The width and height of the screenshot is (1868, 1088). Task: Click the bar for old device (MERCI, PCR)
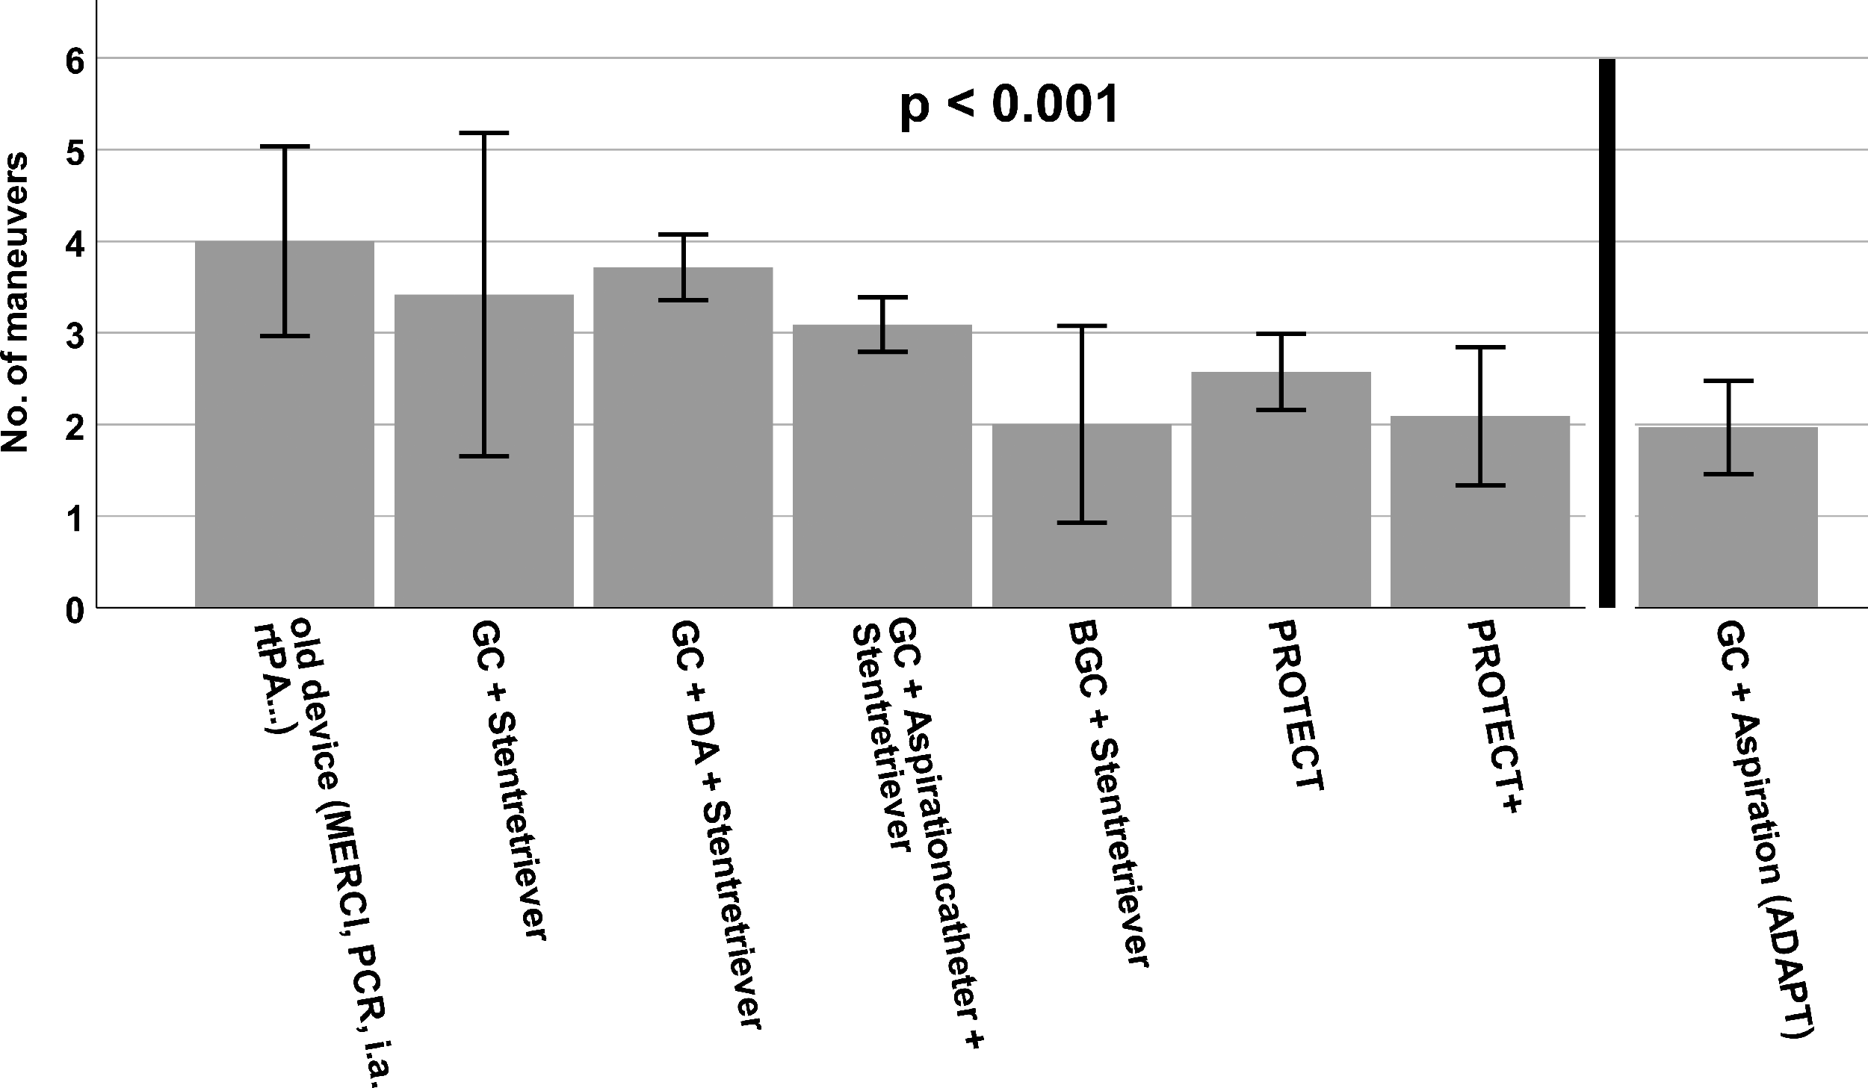(285, 424)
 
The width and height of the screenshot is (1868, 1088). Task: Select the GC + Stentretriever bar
(484, 451)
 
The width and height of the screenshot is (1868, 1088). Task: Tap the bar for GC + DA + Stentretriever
(683, 438)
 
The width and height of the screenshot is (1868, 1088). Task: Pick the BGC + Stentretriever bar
(1082, 516)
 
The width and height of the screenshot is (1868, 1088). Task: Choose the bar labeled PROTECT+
(1480, 512)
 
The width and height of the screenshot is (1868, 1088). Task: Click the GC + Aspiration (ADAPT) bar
(1728, 517)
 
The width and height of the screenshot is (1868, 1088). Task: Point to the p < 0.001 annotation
(1009, 105)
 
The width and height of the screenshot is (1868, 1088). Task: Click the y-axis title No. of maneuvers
(15, 302)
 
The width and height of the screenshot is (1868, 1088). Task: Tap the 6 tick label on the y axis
(75, 60)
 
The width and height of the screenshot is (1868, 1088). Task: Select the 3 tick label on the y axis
(75, 334)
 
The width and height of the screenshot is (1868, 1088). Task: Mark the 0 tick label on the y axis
(75, 610)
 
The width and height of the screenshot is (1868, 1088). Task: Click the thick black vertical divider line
(1607, 332)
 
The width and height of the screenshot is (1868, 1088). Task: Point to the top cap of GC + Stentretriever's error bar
(484, 133)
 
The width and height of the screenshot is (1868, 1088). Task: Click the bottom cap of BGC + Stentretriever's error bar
(1082, 523)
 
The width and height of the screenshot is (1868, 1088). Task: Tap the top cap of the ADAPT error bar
(1728, 381)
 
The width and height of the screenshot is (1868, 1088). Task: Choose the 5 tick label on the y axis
(75, 152)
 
